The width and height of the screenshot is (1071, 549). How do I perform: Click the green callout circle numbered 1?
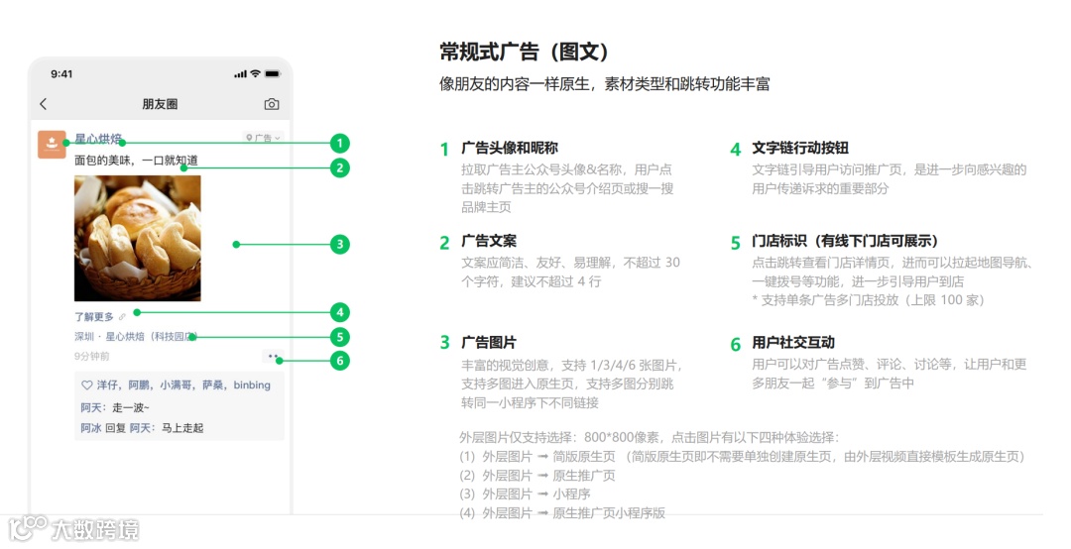[x=340, y=143]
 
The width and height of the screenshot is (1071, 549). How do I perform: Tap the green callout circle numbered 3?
[x=340, y=244]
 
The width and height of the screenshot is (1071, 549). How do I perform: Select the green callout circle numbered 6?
[x=340, y=361]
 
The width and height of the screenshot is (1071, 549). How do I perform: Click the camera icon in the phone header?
[x=271, y=104]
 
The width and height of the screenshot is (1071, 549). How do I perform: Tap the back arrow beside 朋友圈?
[x=43, y=104]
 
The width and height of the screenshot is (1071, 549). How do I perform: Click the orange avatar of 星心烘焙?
[x=52, y=145]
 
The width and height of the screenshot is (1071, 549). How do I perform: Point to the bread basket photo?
[x=138, y=238]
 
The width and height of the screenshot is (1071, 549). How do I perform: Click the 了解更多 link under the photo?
[x=94, y=317]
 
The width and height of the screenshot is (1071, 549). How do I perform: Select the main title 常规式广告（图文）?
[x=524, y=52]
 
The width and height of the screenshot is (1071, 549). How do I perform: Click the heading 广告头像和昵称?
[x=510, y=149]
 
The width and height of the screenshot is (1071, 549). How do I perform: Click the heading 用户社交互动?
[x=793, y=343]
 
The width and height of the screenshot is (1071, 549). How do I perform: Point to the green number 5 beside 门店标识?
[x=736, y=243]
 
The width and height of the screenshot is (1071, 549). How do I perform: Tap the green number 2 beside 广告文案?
[x=445, y=243]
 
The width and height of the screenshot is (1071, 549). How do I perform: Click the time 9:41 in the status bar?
[x=61, y=74]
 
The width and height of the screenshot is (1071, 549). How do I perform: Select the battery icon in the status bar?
[x=271, y=74]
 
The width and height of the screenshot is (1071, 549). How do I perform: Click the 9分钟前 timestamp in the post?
[x=92, y=356]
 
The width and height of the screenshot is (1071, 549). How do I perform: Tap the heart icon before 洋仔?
[x=86, y=385]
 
